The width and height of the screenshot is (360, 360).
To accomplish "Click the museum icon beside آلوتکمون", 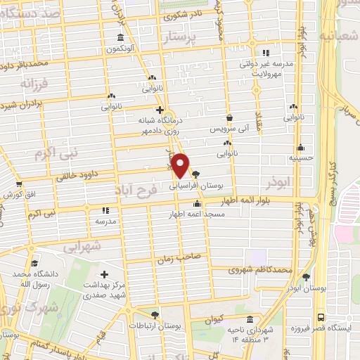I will pyautogui.click(x=121, y=37).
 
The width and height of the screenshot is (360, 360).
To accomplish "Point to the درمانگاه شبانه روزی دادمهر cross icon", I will pyautogui.click(x=160, y=110).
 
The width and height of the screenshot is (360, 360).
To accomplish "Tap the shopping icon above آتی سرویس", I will pyautogui.click(x=229, y=119).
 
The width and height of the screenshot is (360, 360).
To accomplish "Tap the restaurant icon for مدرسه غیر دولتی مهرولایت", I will pyautogui.click(x=265, y=53).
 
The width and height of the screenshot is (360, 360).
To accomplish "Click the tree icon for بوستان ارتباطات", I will pyautogui.click(x=155, y=315).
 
